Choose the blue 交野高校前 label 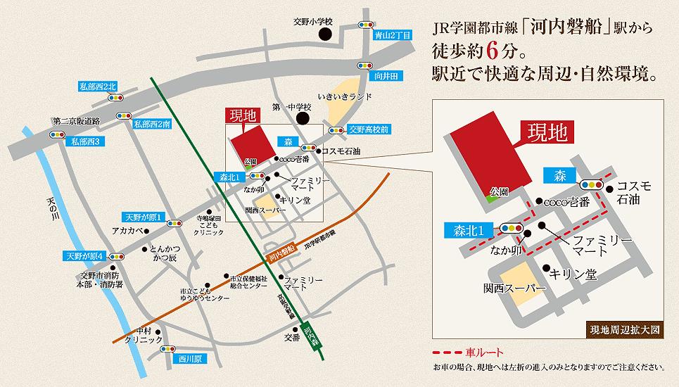(x=369, y=129)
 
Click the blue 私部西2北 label (x=99, y=87)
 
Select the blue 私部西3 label (x=84, y=141)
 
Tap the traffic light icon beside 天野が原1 (x=173, y=225)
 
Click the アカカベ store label (x=128, y=230)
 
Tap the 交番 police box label (x=292, y=337)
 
